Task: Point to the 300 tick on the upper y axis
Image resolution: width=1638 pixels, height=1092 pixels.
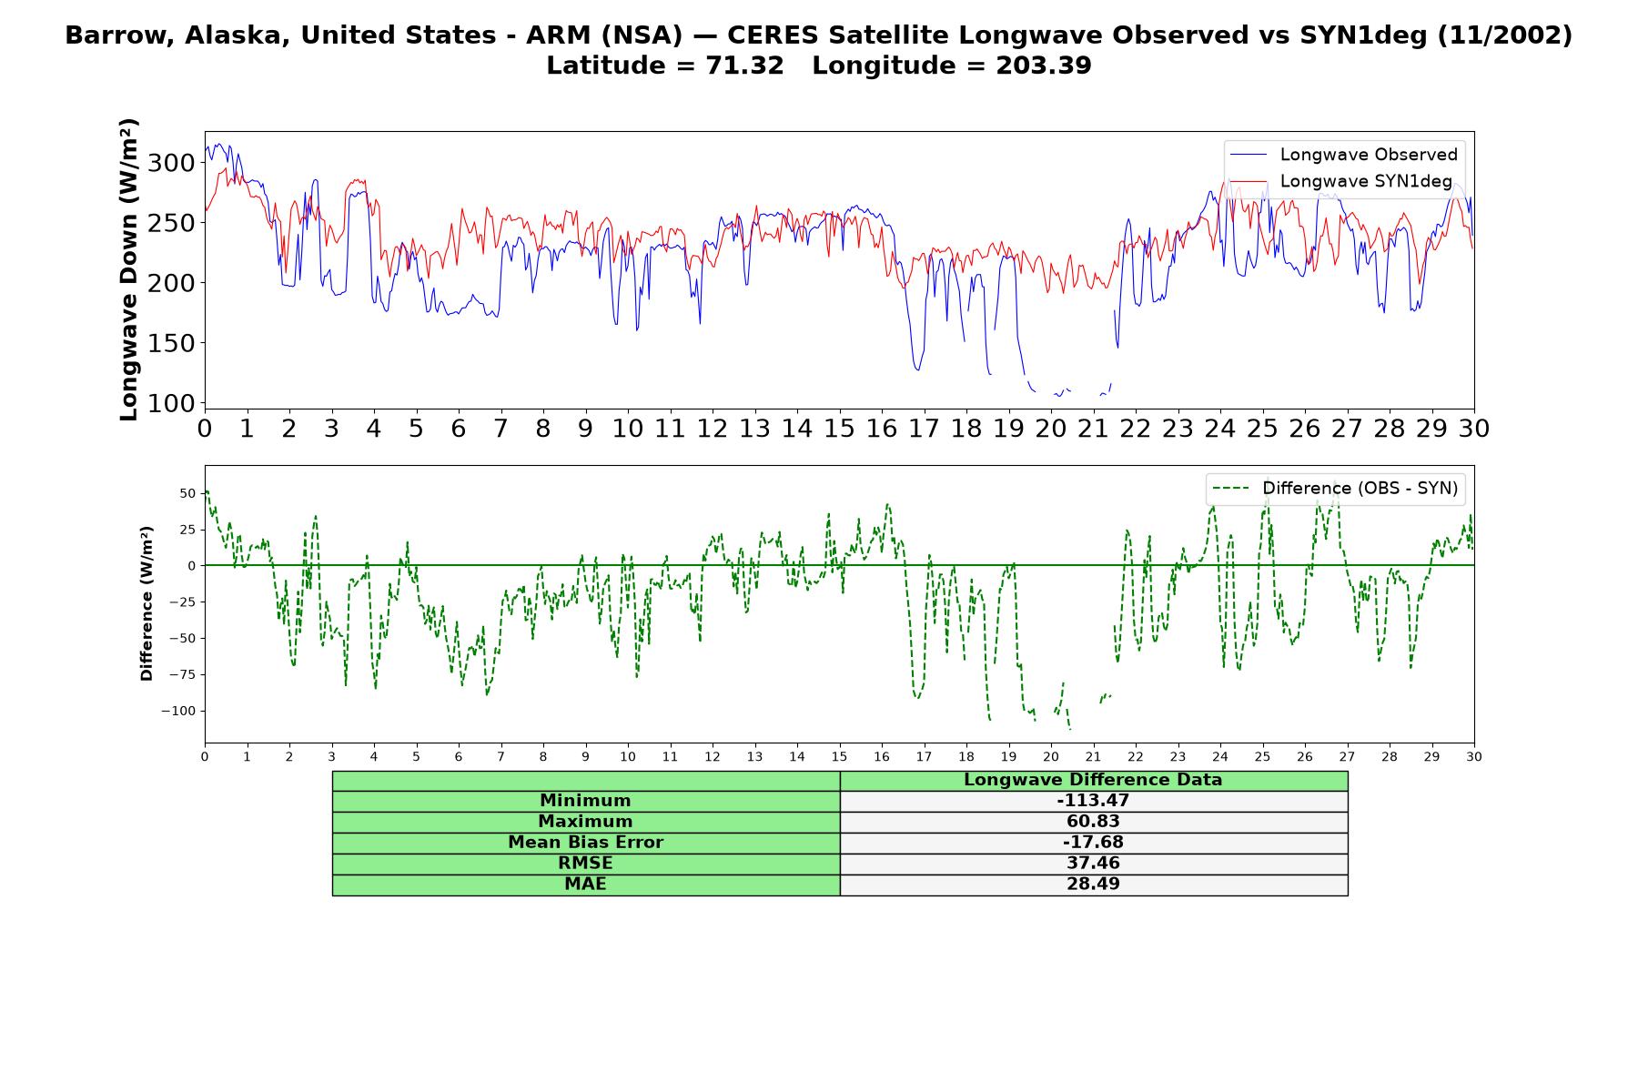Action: click(171, 163)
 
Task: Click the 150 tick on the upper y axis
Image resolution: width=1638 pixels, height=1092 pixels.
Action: click(171, 343)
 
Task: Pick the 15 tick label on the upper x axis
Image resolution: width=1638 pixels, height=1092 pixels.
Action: click(839, 429)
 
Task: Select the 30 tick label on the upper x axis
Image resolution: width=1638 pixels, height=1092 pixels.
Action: click(1473, 429)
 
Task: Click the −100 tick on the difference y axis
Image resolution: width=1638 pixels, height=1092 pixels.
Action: click(178, 711)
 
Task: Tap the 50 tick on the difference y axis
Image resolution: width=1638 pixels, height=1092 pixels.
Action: click(187, 493)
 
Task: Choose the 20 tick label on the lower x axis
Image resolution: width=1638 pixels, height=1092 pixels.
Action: click(1051, 756)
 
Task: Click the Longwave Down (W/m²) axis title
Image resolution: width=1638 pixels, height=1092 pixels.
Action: click(128, 269)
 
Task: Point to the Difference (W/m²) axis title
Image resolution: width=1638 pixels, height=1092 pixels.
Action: click(147, 603)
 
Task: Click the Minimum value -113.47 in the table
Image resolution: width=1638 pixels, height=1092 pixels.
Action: click(1093, 801)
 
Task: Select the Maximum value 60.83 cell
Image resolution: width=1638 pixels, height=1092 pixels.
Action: click(1093, 822)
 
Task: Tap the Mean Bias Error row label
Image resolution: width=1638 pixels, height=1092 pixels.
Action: click(585, 843)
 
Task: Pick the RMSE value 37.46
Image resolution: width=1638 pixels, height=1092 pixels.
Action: click(1093, 864)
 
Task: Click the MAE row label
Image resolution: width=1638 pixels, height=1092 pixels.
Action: click(585, 885)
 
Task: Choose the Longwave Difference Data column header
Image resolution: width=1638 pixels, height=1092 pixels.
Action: click(1093, 780)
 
